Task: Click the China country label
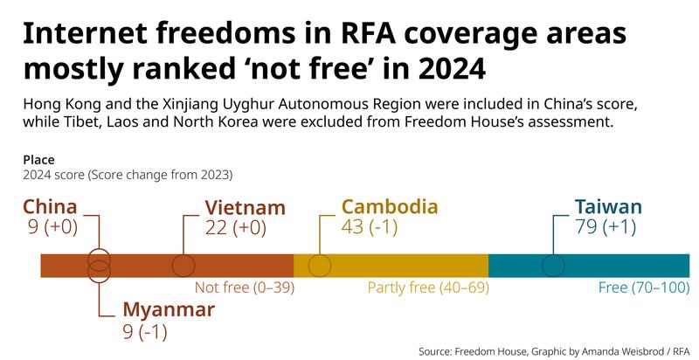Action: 50,207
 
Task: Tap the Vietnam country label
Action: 245,208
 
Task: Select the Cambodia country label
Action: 390,207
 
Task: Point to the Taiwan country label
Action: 608,207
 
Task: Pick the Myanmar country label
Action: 169,310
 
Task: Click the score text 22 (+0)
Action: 235,227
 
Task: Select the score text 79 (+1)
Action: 606,227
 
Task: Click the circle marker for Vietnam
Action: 184,266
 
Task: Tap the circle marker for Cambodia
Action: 320,266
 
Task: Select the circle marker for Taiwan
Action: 553,266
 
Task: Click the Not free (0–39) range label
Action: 245,287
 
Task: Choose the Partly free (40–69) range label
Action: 427,287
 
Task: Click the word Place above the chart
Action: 38,160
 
